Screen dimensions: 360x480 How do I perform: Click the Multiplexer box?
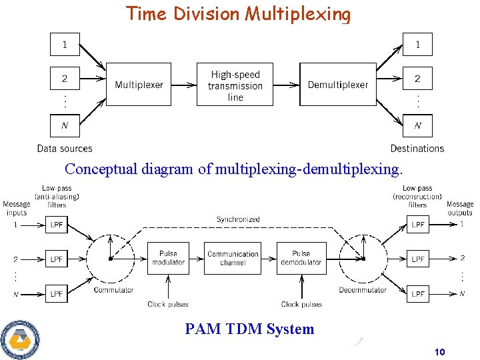point(139,85)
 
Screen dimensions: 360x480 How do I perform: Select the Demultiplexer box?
point(337,85)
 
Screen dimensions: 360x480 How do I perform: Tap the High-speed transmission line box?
point(235,85)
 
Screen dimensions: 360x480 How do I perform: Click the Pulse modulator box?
point(168,258)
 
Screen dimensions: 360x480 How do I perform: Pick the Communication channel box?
point(233,258)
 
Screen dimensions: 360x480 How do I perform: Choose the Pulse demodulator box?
point(301,258)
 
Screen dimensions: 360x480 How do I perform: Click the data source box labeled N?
point(65,125)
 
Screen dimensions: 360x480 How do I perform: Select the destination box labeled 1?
point(417,45)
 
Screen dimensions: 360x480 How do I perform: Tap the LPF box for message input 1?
point(57,225)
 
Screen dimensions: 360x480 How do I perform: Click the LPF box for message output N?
point(418,293)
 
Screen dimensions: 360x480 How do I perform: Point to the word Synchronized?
point(238,219)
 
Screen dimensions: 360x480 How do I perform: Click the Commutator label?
point(114,290)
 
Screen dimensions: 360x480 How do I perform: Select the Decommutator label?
point(363,290)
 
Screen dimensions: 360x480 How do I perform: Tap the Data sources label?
point(65,149)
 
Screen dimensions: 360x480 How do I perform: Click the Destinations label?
point(417,149)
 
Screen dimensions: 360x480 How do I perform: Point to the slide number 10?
point(439,352)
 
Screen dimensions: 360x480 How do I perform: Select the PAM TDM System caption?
point(249,329)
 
